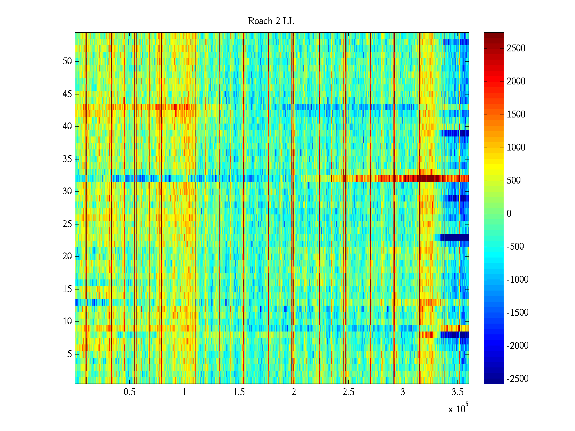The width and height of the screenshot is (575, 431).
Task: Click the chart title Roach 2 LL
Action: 271,21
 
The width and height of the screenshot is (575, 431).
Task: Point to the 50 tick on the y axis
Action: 67,61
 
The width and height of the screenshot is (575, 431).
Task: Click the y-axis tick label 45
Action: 67,94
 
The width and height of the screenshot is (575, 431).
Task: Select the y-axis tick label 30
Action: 67,191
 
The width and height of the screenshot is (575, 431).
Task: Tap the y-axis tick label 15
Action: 67,289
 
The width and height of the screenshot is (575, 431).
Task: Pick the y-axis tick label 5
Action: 69,354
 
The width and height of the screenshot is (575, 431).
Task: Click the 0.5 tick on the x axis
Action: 129,392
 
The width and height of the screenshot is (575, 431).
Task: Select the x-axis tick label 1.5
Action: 239,392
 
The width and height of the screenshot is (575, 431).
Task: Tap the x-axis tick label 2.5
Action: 348,392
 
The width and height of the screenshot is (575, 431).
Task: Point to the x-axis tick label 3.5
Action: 457,392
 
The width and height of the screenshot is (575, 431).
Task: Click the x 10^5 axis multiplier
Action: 458,408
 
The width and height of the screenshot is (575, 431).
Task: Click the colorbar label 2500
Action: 516,48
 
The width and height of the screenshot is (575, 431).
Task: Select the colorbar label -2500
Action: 517,379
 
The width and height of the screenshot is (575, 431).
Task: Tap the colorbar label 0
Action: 509,214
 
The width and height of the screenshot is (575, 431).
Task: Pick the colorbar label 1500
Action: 516,115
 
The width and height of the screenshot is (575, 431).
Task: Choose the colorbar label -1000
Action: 517,280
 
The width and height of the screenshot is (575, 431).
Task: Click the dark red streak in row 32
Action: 428,179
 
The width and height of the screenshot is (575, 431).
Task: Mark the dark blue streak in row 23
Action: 455,237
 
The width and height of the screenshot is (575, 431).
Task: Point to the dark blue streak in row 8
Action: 455,335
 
